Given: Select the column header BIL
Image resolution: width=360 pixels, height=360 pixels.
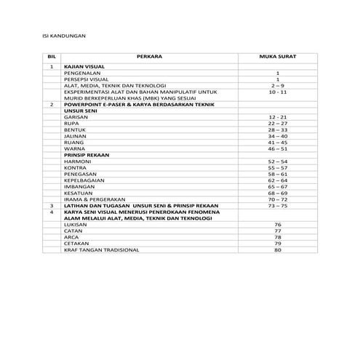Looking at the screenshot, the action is (x=52, y=55).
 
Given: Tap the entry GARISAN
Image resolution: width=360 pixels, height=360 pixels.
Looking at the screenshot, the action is (x=76, y=117).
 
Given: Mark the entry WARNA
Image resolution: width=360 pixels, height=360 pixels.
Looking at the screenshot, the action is (x=75, y=148).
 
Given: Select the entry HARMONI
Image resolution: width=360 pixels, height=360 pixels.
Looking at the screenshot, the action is (x=78, y=161).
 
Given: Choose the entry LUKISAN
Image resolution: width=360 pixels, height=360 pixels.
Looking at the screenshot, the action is (x=76, y=225).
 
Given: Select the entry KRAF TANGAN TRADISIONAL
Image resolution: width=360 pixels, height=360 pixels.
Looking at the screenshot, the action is (x=102, y=250).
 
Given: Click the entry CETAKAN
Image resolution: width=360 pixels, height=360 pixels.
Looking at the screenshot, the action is (x=77, y=244).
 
